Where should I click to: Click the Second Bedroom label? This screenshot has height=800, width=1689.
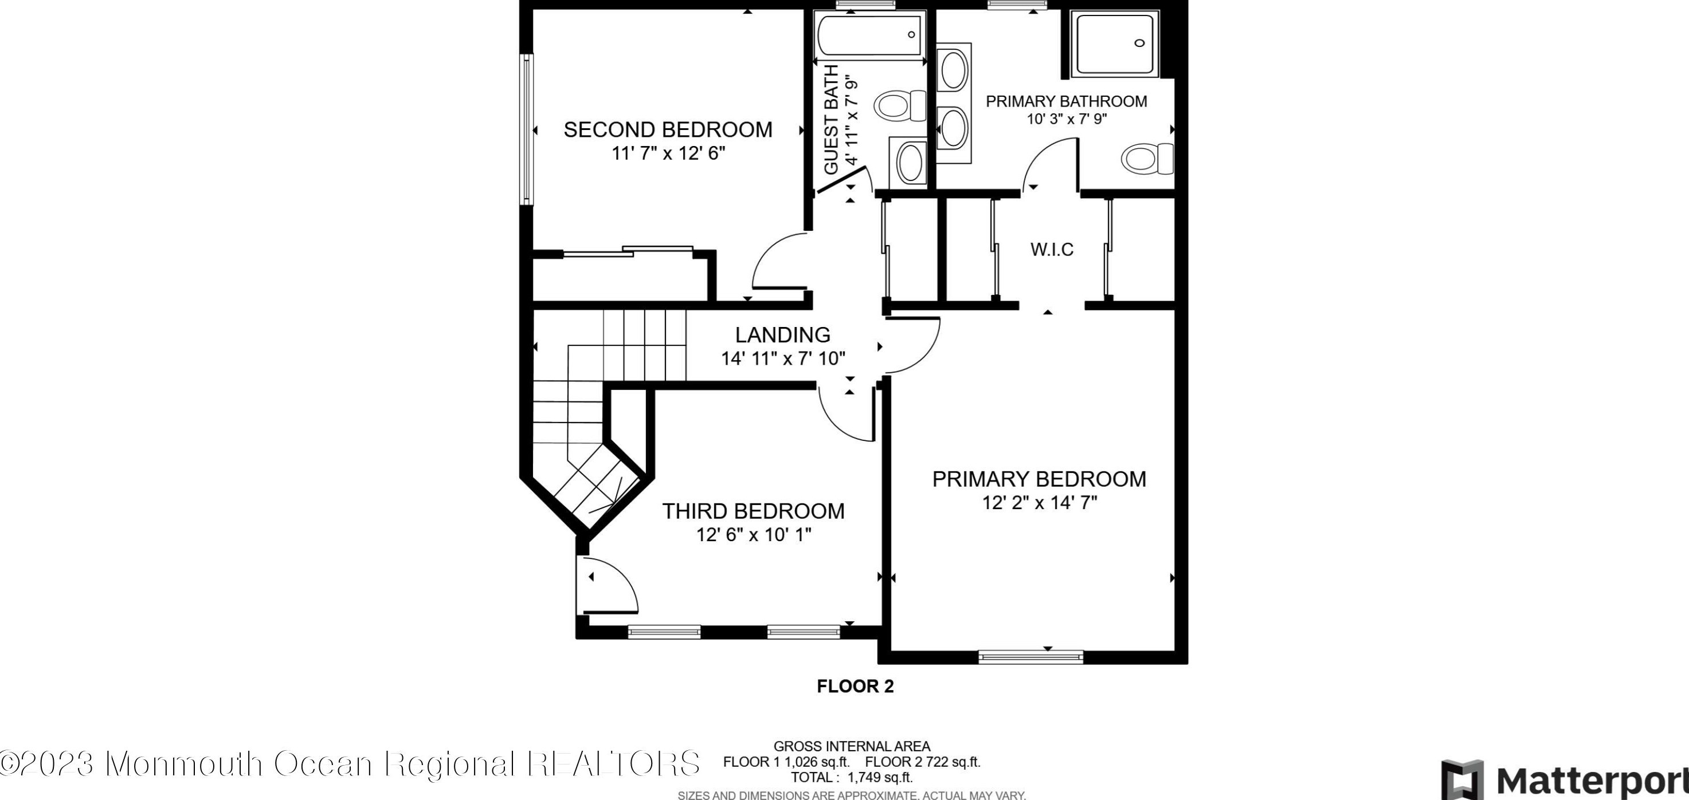pos(668,130)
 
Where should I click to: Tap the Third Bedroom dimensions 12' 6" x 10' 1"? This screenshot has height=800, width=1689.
pos(753,535)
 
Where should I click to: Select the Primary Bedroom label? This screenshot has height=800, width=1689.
pos(1039,479)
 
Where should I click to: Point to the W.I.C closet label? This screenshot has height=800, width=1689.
pos(1052,250)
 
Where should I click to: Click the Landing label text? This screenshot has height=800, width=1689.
pos(783,335)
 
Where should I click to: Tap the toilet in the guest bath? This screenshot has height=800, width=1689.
pos(900,106)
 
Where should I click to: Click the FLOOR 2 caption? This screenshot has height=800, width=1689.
pos(855,687)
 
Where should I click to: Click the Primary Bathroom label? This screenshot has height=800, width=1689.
pos(1067,101)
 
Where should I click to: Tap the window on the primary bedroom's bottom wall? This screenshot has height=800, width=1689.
pos(1030,656)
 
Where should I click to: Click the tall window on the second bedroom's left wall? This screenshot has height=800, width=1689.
pos(526,130)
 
